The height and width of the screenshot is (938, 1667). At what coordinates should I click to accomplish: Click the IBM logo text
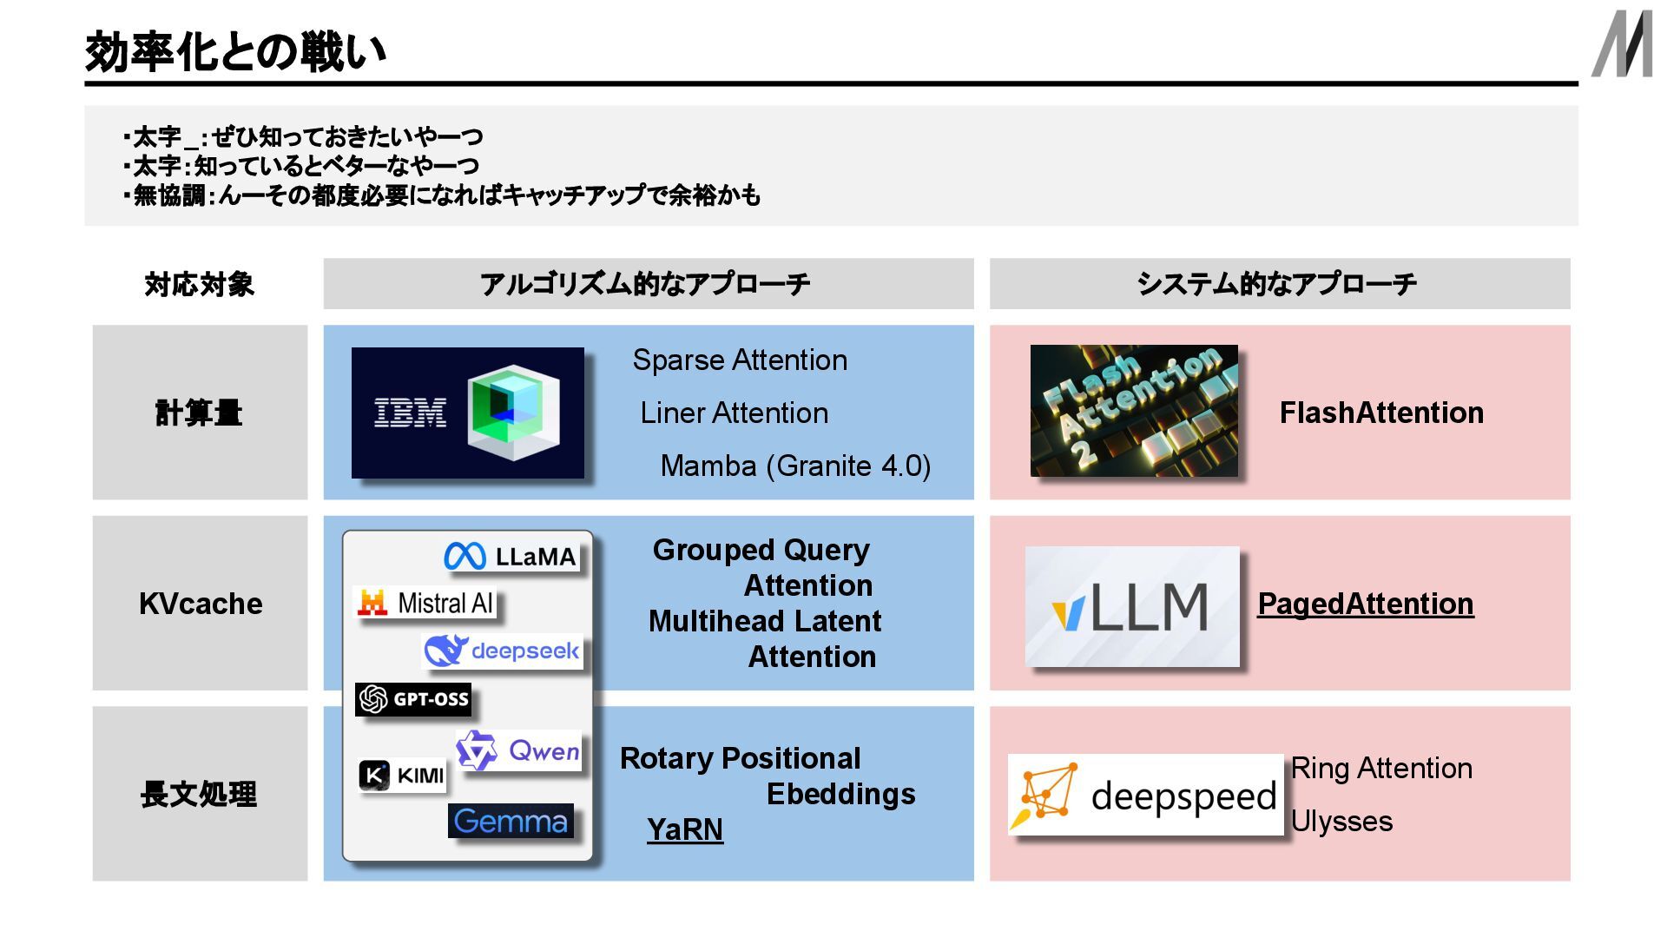tap(410, 413)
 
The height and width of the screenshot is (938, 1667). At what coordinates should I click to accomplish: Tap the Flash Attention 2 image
tap(1134, 411)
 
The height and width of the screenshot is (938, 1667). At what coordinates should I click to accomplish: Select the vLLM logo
tap(1132, 606)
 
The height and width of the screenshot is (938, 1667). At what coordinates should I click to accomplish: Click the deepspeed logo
tap(1145, 795)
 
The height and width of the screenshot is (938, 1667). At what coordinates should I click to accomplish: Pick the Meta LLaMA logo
tap(511, 556)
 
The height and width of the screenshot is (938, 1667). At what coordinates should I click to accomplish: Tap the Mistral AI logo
tap(426, 603)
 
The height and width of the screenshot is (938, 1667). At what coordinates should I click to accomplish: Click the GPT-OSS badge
tap(413, 699)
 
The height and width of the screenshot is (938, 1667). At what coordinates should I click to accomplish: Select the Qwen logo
tap(518, 750)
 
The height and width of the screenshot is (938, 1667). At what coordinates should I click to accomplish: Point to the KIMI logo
tap(402, 775)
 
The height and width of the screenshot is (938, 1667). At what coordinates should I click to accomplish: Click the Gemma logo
tap(511, 821)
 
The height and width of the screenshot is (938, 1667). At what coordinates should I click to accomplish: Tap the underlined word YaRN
tap(684, 829)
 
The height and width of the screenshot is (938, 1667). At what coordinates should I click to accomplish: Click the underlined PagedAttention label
tap(1365, 604)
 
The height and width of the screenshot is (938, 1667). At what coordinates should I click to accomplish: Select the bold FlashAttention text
tap(1381, 413)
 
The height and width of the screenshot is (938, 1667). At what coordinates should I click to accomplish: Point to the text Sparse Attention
tap(740, 360)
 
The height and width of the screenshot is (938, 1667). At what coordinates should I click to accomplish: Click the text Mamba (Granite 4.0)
tap(795, 466)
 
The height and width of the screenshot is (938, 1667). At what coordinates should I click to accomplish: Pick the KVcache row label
tap(201, 604)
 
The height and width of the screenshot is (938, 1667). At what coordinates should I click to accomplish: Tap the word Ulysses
tap(1341, 822)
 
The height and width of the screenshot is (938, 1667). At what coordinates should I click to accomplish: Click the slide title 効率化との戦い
tap(235, 52)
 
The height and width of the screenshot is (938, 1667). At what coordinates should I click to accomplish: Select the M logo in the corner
tap(1622, 45)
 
